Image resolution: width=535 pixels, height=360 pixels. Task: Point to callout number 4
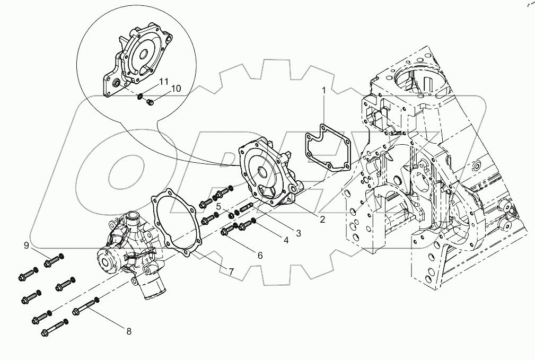[x=286, y=240]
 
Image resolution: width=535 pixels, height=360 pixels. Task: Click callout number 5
[x=218, y=206]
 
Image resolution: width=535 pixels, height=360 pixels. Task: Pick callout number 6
[x=260, y=255]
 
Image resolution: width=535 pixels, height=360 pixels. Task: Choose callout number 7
[x=232, y=271]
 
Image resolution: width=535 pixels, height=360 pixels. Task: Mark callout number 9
[x=26, y=245]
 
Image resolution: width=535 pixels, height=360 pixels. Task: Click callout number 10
[x=176, y=87]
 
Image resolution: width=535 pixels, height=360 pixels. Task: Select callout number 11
[x=164, y=81]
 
